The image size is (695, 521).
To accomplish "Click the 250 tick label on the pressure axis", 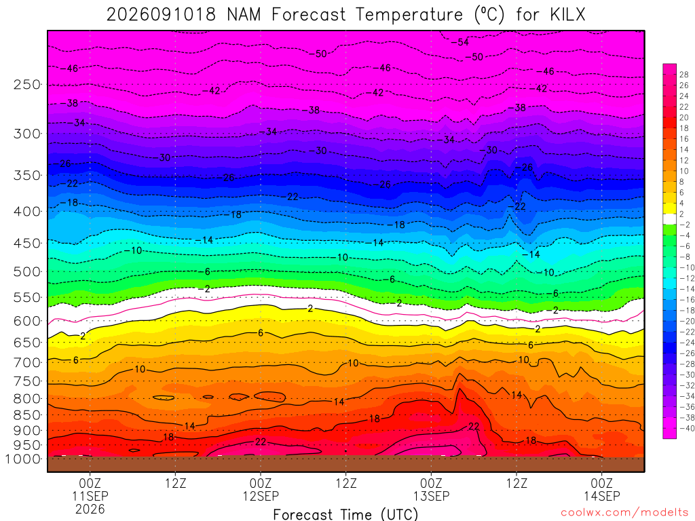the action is [x=27, y=84].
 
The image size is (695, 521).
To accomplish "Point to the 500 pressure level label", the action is [x=27, y=271].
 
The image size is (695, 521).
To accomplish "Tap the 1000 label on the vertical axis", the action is [x=22, y=459].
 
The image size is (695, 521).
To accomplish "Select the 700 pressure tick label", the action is [x=27, y=362].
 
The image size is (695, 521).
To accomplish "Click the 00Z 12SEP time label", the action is [x=261, y=489].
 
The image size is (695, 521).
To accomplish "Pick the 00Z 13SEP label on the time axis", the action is [x=431, y=489].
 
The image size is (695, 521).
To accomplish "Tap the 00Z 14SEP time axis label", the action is [x=601, y=489].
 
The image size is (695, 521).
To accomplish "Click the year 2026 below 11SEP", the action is [x=90, y=509].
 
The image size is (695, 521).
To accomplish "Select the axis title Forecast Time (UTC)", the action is [x=345, y=514].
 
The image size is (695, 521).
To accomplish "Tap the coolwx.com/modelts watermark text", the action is [x=624, y=513].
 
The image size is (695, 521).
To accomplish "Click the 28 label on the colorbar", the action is [x=684, y=75].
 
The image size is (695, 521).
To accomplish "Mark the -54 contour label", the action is [x=460, y=42].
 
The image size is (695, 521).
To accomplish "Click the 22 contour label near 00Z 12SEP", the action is [x=261, y=442].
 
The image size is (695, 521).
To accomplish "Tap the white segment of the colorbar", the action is [x=670, y=219].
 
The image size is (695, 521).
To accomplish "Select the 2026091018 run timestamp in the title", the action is [x=162, y=15].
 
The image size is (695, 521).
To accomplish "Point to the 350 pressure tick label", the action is [x=27, y=176].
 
